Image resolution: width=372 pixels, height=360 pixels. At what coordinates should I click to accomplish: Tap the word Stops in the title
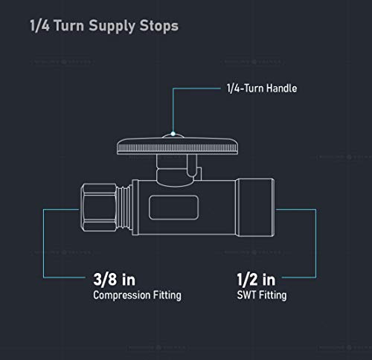159,25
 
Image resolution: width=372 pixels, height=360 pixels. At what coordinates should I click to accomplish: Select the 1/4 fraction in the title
39,25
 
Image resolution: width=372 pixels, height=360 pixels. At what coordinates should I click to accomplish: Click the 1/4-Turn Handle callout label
262,89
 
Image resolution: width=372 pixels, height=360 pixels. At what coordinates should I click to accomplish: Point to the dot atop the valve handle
173,134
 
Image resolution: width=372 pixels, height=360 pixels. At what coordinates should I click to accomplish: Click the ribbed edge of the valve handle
177,148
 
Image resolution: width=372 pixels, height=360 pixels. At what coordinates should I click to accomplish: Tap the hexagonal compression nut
99,208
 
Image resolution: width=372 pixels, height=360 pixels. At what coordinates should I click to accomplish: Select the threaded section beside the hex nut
124,208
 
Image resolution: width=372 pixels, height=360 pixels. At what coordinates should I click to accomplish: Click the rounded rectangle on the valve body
173,208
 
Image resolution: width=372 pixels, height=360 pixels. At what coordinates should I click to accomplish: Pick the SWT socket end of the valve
255,208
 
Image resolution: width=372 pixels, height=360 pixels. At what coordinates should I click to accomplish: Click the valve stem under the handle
176,170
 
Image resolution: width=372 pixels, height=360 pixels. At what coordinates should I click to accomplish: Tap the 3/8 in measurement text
115,280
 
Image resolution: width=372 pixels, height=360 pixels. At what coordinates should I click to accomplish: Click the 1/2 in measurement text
256,280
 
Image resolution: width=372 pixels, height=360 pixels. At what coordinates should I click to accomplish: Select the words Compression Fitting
137,295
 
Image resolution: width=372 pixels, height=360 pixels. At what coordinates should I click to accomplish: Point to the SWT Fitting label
262,295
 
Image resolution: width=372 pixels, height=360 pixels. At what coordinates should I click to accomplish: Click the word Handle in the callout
281,89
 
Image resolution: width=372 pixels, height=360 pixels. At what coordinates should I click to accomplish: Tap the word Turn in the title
69,25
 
